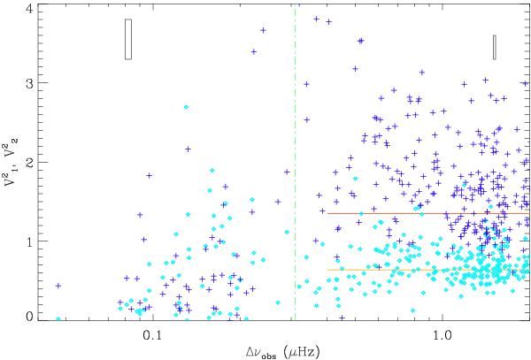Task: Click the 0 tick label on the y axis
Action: pos(30,316)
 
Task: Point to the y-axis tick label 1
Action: pos(30,241)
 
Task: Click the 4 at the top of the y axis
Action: pos(30,8)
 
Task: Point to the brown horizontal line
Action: pos(425,212)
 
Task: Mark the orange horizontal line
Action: pos(425,269)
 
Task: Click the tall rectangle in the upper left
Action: pos(128,40)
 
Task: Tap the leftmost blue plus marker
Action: pos(58,286)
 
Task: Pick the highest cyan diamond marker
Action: pos(186,107)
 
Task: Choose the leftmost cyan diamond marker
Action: pos(58,318)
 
